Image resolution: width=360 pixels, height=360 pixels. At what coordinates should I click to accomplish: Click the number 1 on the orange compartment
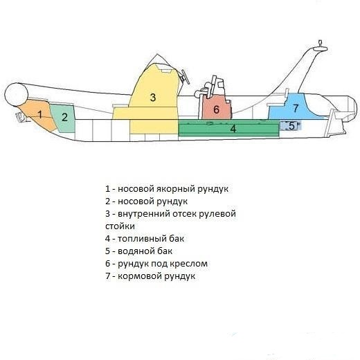40,114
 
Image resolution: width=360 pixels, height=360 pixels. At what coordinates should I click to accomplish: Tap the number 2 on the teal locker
64,118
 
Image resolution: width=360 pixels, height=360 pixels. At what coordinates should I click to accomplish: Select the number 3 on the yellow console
153,98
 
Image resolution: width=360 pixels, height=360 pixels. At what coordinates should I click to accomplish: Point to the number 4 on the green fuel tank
233,129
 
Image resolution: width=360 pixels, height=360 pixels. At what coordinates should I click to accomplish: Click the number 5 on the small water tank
291,126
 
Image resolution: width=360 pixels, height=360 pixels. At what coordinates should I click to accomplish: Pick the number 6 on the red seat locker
216,109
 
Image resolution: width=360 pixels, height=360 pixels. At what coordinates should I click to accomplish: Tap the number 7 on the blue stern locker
296,108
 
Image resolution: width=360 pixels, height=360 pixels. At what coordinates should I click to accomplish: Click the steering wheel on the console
186,77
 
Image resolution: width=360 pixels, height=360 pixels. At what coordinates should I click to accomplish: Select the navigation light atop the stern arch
320,46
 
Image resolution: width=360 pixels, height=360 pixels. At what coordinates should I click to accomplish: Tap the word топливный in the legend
142,239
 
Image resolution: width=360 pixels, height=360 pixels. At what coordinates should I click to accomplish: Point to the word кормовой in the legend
139,276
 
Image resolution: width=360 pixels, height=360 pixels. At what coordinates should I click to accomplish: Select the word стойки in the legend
120,226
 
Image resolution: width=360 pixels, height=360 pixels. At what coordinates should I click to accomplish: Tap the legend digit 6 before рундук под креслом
108,264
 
